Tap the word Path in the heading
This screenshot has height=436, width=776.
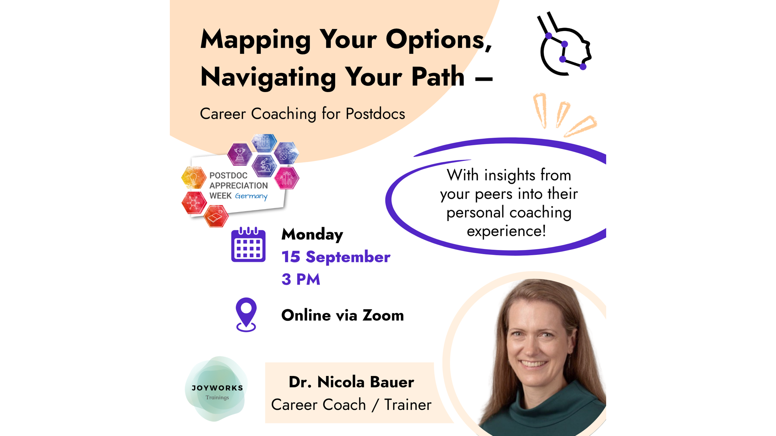pyautogui.click(x=438, y=76)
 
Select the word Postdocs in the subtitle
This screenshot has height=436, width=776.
pyautogui.click(x=375, y=114)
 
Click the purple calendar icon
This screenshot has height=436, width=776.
pyautogui.click(x=248, y=244)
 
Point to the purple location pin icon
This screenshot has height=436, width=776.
pyautogui.click(x=246, y=315)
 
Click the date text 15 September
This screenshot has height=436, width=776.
pyautogui.click(x=336, y=257)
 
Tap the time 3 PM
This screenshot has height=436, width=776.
pyautogui.click(x=301, y=279)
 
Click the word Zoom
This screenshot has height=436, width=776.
pyautogui.click(x=383, y=315)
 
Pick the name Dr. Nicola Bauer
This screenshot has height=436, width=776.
pyautogui.click(x=351, y=382)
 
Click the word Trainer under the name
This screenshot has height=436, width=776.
pyautogui.click(x=408, y=405)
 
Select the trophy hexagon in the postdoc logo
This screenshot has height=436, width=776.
pyautogui.click(x=240, y=154)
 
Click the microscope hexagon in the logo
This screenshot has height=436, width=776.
pyautogui.click(x=264, y=166)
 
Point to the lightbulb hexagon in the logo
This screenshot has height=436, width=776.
pyautogui.click(x=194, y=177)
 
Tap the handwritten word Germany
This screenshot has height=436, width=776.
pyautogui.click(x=251, y=196)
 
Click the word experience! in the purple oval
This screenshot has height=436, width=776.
pyautogui.click(x=506, y=231)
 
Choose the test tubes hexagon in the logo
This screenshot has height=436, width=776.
pyautogui.click(x=264, y=142)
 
